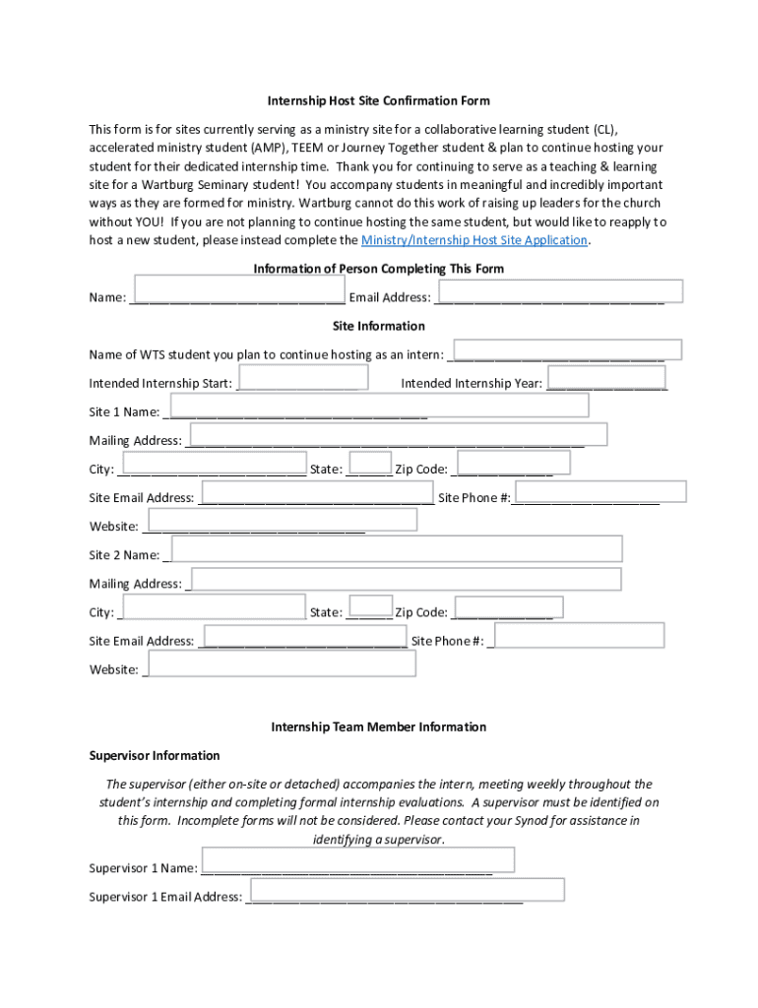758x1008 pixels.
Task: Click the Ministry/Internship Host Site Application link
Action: tap(474, 240)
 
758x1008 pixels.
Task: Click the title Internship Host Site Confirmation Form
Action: tap(378, 100)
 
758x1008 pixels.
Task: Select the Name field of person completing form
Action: tap(239, 289)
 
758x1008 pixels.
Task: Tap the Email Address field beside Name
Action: tap(559, 290)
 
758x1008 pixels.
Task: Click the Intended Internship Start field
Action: tap(303, 377)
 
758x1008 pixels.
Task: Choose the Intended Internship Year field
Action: tap(605, 378)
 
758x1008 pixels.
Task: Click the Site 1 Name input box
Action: tap(380, 406)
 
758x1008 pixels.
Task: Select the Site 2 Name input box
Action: tap(397, 549)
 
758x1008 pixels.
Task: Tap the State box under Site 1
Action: tap(370, 463)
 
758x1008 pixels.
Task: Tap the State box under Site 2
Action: tap(370, 606)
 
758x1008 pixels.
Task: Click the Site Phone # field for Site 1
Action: tap(600, 492)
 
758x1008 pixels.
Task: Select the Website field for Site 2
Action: tap(282, 663)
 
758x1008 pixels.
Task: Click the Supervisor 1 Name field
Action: tap(357, 860)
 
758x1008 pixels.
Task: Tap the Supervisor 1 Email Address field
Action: tap(407, 890)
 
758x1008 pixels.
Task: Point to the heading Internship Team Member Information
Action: tap(378, 727)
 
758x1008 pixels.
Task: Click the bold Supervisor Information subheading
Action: tap(155, 756)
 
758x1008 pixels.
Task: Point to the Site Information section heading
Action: tap(378, 326)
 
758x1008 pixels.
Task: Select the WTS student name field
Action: tap(566, 348)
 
